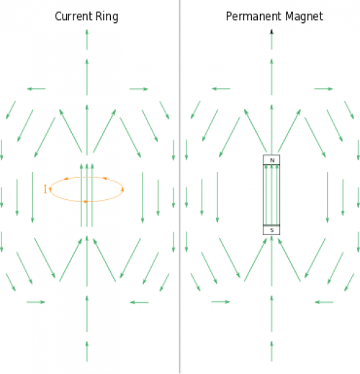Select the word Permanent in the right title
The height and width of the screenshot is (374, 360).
click(253, 17)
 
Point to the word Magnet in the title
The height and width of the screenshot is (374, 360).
click(304, 17)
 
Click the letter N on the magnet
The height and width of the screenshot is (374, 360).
click(272, 160)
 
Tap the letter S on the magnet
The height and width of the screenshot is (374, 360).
click(272, 230)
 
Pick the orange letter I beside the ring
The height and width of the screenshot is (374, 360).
click(45, 189)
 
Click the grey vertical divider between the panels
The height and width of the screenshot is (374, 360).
click(179, 187)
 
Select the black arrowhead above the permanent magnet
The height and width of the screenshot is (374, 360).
click(271, 32)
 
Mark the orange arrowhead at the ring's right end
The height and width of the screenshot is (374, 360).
click(122, 190)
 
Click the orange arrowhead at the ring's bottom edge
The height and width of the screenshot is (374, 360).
click(86, 201)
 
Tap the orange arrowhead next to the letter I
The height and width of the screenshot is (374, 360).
click(50, 189)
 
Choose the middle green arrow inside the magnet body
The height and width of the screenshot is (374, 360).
click(271, 194)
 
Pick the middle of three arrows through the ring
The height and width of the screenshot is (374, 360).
click(87, 195)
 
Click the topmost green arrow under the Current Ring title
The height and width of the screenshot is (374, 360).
click(87, 40)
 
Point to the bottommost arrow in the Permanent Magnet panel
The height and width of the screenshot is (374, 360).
click(271, 351)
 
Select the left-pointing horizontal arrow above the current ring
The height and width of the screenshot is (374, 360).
click(36, 89)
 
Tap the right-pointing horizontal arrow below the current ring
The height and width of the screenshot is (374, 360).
click(35, 302)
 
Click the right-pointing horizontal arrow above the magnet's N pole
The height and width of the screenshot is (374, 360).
click(323, 89)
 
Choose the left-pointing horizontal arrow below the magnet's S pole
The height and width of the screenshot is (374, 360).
click(324, 302)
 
